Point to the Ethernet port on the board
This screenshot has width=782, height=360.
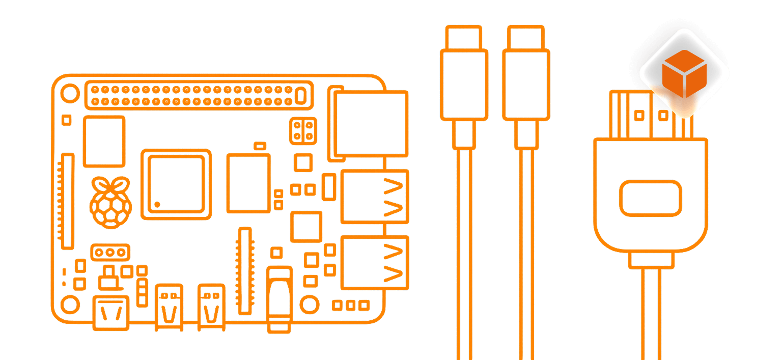[370, 124]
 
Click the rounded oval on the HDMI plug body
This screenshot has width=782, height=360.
[650, 198]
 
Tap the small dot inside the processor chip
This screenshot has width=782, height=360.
[157, 205]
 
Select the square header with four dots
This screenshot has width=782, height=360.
[303, 130]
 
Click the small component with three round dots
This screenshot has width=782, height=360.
[110, 252]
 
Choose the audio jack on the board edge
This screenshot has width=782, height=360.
[280, 298]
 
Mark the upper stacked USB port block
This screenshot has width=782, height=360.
[374, 197]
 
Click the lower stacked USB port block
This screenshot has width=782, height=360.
[374, 263]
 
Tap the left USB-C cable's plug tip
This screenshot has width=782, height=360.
[463, 37]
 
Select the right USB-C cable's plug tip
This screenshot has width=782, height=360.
[526, 37]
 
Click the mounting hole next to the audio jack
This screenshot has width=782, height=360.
[309, 304]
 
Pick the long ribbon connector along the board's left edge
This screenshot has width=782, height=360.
[67, 201]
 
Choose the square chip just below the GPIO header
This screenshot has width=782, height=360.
[104, 141]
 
